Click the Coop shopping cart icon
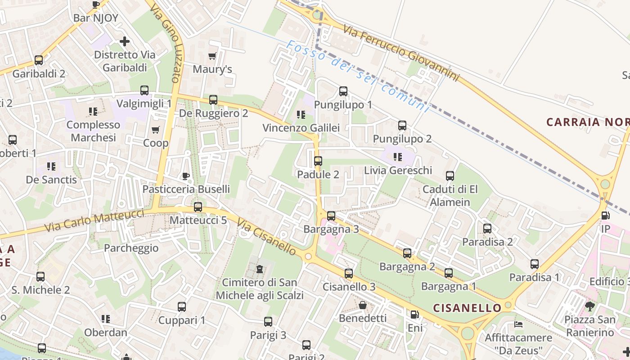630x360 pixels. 156,130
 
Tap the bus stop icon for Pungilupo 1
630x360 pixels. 343,91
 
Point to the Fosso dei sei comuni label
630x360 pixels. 358,76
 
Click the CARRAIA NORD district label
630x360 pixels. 587,122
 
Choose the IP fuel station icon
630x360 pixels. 606,216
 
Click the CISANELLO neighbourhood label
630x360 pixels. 467,308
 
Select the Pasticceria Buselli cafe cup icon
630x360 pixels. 186,175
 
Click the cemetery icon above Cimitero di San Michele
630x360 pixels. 260,269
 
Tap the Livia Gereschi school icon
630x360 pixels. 398,157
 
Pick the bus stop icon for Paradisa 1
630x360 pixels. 534,264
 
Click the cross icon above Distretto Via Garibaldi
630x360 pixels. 125,41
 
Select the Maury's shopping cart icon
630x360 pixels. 212,56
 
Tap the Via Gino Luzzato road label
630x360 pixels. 166,44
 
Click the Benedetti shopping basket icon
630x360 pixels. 363,305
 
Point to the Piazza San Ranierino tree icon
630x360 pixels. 590,306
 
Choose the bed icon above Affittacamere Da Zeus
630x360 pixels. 518,324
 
